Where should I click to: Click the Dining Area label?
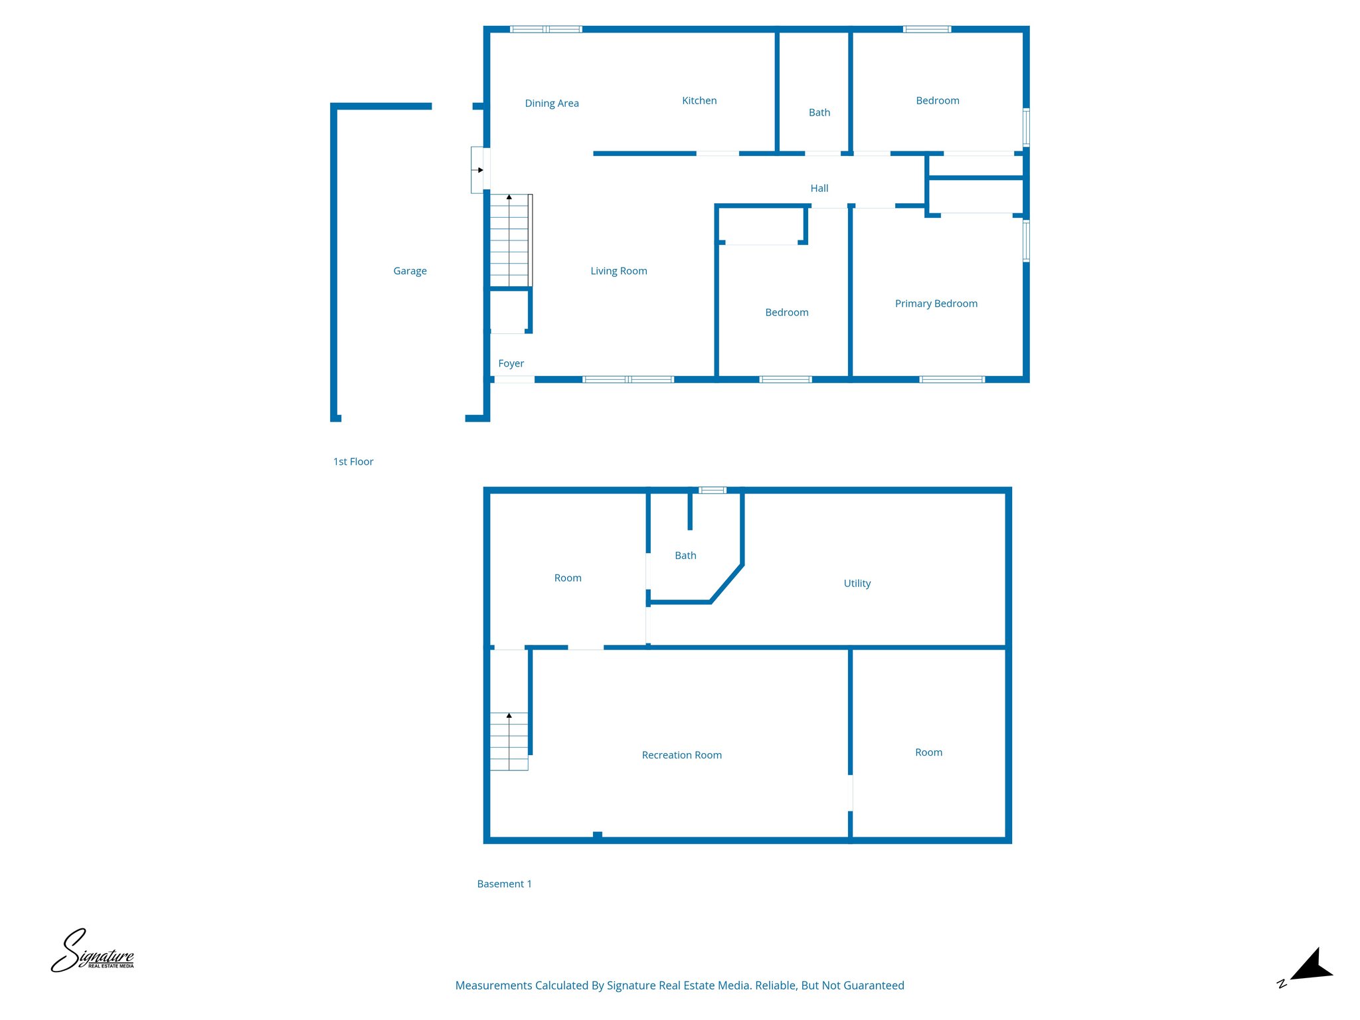coord(551,104)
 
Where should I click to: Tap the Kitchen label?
coord(699,101)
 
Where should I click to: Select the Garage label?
coord(410,271)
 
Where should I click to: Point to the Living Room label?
coord(618,271)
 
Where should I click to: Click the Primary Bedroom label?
coord(936,303)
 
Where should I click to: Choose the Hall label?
coord(819,189)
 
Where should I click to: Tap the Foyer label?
coord(511,363)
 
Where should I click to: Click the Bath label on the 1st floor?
coord(819,113)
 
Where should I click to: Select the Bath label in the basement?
coord(685,556)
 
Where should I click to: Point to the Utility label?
coord(857,584)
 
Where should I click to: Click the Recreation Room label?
coord(681,755)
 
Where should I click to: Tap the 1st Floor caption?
coord(353,462)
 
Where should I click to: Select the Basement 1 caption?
coord(504,884)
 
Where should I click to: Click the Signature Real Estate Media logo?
coord(92,952)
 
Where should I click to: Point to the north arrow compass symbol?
coord(1309,967)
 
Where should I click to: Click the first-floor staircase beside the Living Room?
coord(509,240)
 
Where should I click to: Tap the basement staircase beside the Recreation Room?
coord(509,741)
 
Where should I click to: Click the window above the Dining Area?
coord(546,29)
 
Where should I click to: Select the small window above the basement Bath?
coord(712,491)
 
